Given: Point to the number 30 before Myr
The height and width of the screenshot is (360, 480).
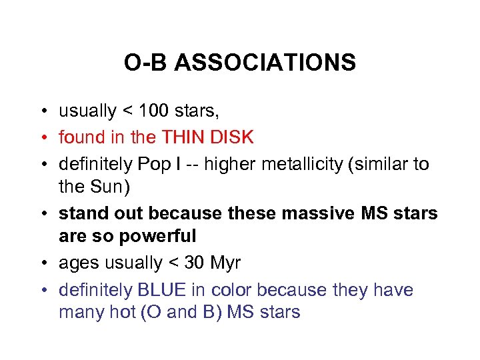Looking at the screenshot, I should click(195, 263).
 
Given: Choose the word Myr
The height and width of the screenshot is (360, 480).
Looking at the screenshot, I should click(226, 263).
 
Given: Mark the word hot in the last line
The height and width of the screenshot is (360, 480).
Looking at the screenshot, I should click(119, 312).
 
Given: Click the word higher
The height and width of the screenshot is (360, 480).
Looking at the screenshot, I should click(229, 164).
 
